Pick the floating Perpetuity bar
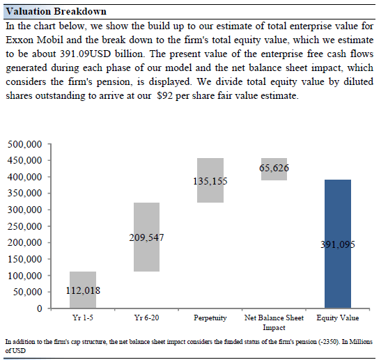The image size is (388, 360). [210, 202]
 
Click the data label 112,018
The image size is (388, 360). [83, 291]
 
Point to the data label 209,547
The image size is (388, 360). [146, 237]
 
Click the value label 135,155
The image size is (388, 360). [210, 181]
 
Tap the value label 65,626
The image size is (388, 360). [274, 168]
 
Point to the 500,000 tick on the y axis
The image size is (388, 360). [25, 145]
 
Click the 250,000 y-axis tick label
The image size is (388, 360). [25, 226]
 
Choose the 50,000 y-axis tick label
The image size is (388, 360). [28, 292]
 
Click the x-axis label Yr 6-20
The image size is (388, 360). [146, 318]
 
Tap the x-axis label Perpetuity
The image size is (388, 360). [210, 318]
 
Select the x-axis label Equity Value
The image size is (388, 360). [338, 318]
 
